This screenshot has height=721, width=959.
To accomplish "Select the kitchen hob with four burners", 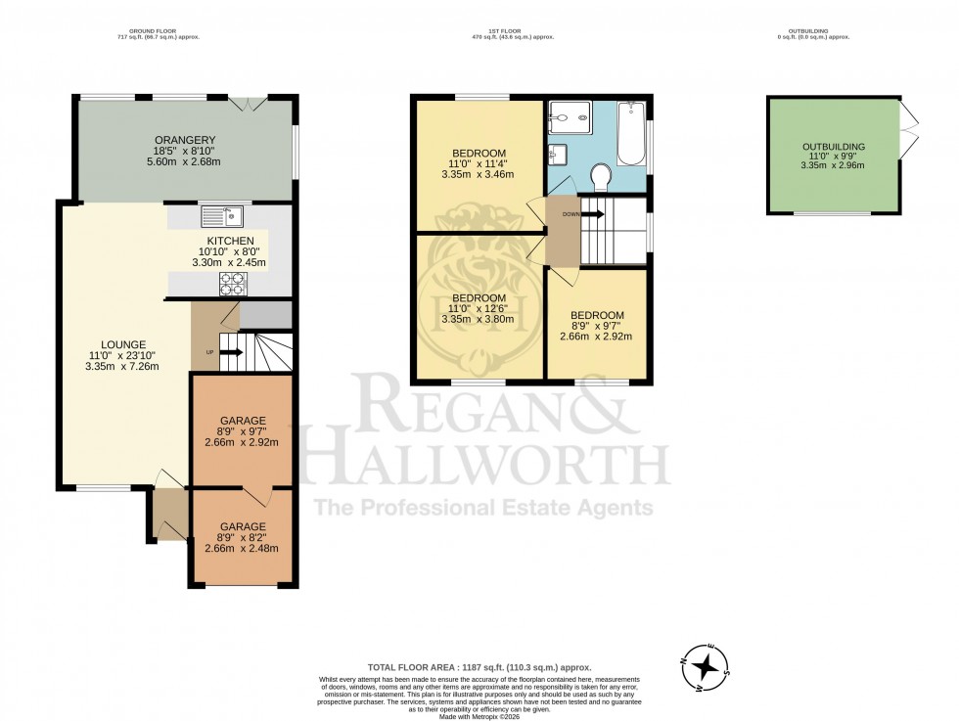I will [233, 284].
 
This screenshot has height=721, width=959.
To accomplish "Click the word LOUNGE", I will [121, 344].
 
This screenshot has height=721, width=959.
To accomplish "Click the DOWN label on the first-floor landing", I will [571, 213].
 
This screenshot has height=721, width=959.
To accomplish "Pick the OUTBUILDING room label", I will [833, 147].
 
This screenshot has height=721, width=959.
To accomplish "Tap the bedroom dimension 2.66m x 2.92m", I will [597, 337].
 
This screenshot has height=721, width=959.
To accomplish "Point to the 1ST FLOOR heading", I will [513, 29].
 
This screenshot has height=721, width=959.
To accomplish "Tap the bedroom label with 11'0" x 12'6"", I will [478, 297].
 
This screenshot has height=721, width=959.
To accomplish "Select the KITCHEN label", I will [230, 241].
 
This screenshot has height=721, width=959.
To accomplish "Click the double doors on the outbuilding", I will [908, 122].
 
